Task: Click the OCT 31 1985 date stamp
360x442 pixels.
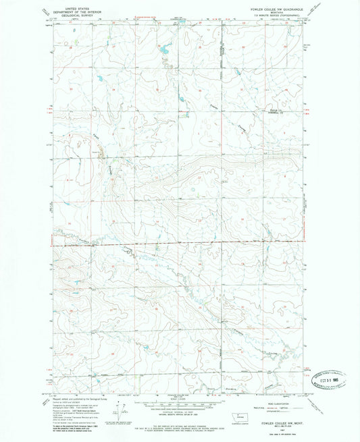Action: point(326,379)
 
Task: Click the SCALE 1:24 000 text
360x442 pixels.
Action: point(180,397)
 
